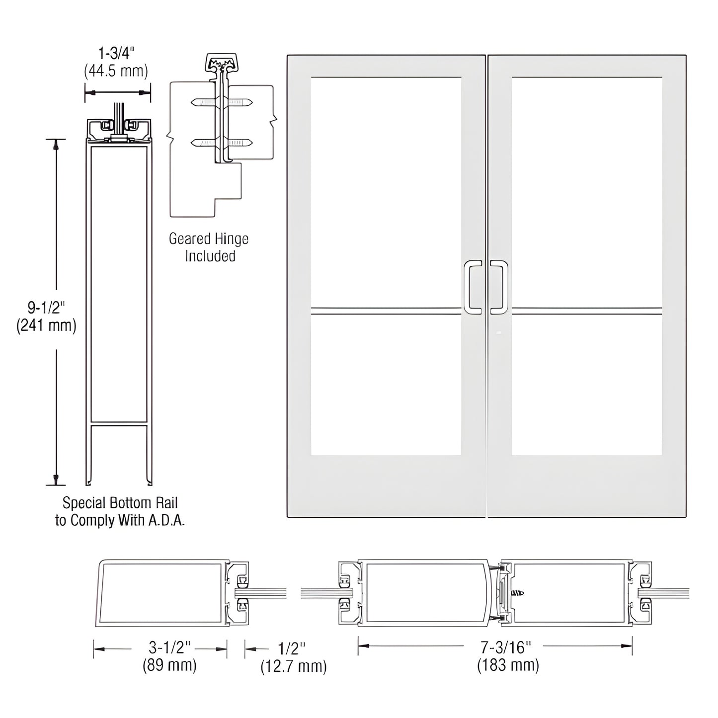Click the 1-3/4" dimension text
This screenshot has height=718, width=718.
(116, 53)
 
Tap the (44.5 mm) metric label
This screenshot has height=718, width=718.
(116, 71)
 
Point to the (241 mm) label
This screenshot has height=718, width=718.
(46, 325)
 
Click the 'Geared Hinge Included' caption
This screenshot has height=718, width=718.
(209, 247)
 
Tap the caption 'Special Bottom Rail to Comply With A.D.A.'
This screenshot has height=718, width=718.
(120, 511)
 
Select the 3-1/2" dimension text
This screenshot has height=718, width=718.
(169, 647)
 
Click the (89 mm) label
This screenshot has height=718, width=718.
(169, 665)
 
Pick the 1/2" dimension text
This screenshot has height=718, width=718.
(292, 648)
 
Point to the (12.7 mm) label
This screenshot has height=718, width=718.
(294, 666)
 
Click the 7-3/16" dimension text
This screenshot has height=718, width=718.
(506, 647)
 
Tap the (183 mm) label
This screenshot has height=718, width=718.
(508, 665)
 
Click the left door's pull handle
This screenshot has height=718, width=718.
(472, 288)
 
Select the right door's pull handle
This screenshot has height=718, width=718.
(500, 288)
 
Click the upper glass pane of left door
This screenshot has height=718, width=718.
(386, 191)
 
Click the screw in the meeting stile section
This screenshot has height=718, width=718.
(517, 593)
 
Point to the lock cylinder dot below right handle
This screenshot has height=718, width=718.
(498, 332)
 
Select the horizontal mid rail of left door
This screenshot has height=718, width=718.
(386, 311)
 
